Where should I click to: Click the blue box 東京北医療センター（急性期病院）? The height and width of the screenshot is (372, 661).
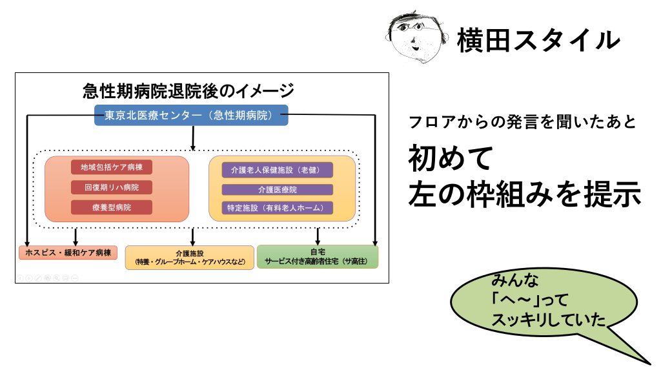192,116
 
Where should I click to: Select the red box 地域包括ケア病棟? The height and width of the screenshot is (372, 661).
112,167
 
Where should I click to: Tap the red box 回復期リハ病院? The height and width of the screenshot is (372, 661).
112,187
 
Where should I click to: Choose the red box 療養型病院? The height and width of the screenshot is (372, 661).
112,207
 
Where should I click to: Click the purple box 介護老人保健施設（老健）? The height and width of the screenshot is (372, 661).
278,170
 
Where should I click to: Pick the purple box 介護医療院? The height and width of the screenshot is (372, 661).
278,190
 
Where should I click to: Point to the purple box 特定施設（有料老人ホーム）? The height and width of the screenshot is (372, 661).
278,208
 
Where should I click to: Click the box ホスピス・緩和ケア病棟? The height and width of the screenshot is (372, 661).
68,253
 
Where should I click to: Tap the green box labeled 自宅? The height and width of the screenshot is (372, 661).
318,256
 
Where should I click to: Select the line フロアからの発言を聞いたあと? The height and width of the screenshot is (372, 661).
523,122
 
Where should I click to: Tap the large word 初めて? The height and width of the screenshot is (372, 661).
451,158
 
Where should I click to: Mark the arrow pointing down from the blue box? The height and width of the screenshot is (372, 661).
193,137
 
